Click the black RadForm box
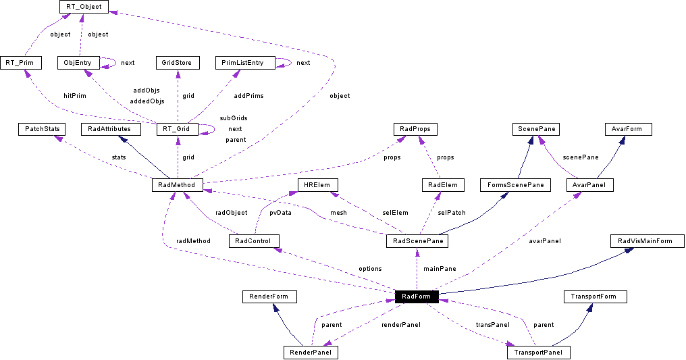(x=417, y=297)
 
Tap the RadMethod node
(x=178, y=184)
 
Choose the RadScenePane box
(x=417, y=240)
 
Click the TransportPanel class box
(x=538, y=353)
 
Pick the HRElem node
(x=317, y=184)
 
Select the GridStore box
(x=177, y=63)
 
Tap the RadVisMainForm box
(x=646, y=240)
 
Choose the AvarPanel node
(x=589, y=184)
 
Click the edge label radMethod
(x=193, y=240)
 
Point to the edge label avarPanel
(x=545, y=240)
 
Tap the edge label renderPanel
(x=401, y=325)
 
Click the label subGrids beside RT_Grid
(x=233, y=118)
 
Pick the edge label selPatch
(x=452, y=213)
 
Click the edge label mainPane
(x=440, y=269)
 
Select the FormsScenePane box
(x=515, y=184)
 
